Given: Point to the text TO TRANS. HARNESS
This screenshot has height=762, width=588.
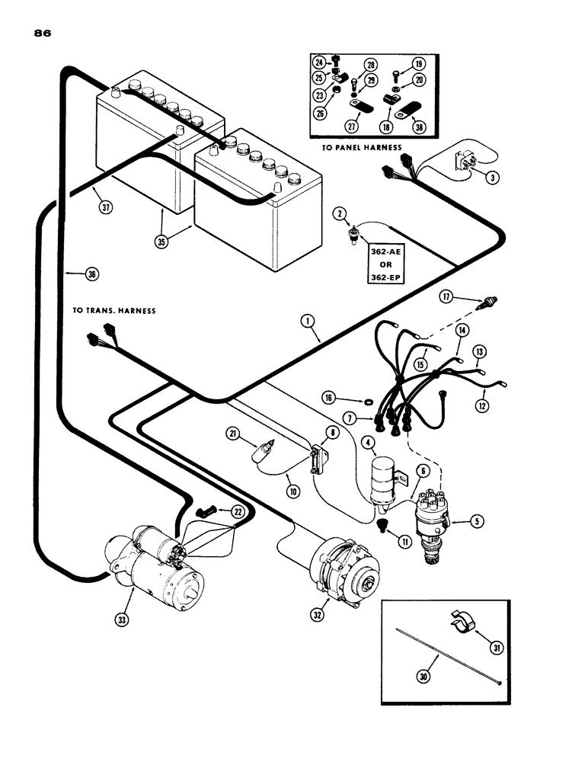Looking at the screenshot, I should tap(114, 311).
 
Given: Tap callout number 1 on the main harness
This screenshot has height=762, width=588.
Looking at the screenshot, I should tap(307, 322).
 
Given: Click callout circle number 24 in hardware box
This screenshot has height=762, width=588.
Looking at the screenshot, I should tap(320, 62).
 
